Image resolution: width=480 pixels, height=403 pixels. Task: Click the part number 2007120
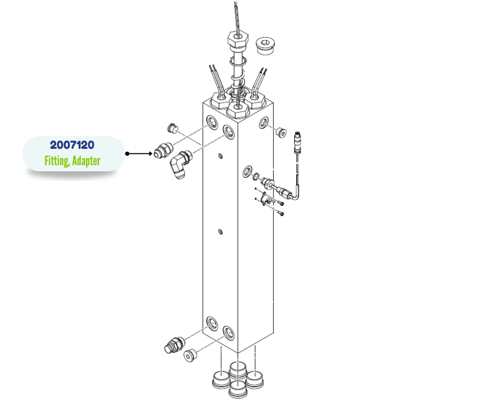pyautogui.click(x=72, y=145)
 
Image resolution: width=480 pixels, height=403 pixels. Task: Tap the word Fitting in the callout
pyautogui.click(x=57, y=161)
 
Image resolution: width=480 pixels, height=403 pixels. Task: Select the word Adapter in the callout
pyautogui.click(x=86, y=161)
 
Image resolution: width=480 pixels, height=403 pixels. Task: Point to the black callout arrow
pyautogui.click(x=139, y=153)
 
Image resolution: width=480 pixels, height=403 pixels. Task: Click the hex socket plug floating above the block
pyautogui.click(x=265, y=46)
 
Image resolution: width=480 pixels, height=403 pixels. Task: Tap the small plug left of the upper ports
pyautogui.click(x=173, y=128)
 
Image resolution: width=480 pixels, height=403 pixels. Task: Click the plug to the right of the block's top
pyautogui.click(x=281, y=132)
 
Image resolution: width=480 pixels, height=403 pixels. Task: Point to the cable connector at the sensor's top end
pyautogui.click(x=298, y=142)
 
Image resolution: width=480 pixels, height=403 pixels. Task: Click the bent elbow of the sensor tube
pyautogui.click(x=296, y=196)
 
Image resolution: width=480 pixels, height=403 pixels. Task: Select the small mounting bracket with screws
pyautogui.click(x=266, y=199)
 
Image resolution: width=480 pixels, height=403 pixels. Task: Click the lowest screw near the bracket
pyautogui.click(x=281, y=213)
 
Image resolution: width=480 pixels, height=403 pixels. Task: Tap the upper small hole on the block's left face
pyautogui.click(x=220, y=156)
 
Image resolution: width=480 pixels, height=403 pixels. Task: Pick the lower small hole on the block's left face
pyautogui.click(x=220, y=231)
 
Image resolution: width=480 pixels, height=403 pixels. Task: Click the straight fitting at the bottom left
pyautogui.click(x=174, y=345)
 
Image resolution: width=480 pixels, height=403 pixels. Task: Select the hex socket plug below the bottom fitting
pyautogui.click(x=190, y=355)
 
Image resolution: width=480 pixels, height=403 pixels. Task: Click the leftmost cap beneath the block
pyautogui.click(x=221, y=380)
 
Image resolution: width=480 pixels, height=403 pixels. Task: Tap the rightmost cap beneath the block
pyautogui.click(x=255, y=379)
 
